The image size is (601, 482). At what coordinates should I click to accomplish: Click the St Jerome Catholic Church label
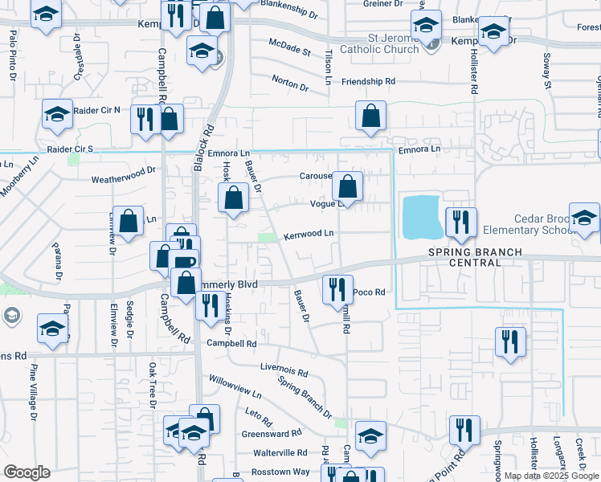pos(381,43)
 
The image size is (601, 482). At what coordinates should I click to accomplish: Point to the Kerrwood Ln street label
pos(308,235)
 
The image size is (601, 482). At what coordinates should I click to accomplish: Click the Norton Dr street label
pos(290,82)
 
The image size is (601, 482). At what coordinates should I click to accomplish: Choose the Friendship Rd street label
pos(368,82)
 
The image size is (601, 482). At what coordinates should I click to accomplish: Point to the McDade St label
pos(289,51)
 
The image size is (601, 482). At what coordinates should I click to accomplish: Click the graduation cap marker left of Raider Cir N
pos(57,116)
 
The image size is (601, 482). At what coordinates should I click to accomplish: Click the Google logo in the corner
pos(26,472)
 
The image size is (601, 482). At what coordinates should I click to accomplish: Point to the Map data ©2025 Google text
pos(550,476)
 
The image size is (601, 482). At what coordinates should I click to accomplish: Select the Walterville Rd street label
pos(280,453)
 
